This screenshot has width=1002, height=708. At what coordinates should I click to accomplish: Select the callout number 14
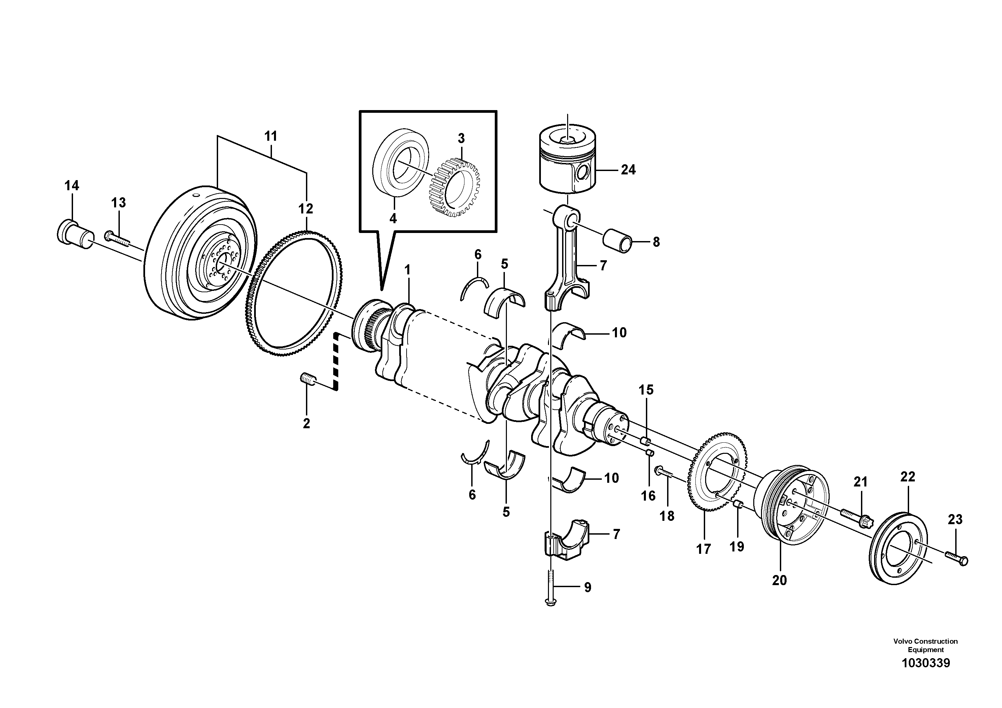click(72, 186)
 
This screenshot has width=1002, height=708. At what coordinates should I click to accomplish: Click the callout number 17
click(703, 549)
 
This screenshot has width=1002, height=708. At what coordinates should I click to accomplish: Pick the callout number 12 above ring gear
click(306, 209)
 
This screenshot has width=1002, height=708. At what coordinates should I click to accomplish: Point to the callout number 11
click(271, 137)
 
